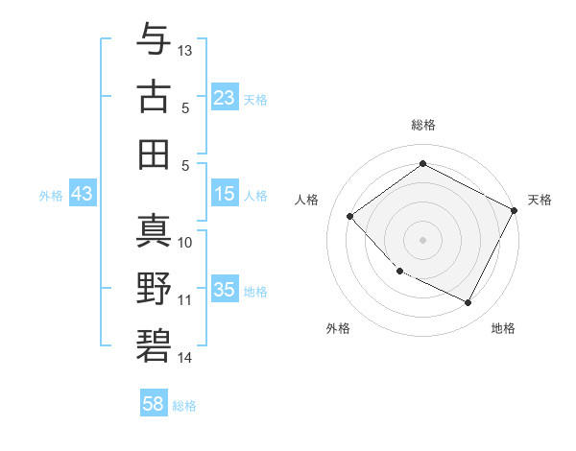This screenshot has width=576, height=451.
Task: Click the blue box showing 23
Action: (x=225, y=98)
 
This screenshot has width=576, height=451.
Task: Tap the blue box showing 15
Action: (x=225, y=194)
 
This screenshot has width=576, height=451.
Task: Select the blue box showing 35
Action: (x=225, y=290)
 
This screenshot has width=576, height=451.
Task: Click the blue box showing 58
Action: (x=154, y=405)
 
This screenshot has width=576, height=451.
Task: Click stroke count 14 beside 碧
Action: (x=185, y=358)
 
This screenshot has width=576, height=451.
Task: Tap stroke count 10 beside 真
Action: (x=186, y=242)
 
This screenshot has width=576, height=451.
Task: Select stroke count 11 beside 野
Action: (x=185, y=299)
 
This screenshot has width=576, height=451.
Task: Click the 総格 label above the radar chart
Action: (x=423, y=125)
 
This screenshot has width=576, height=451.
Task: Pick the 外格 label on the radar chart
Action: (x=338, y=328)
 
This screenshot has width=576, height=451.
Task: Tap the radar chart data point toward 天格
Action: (x=515, y=212)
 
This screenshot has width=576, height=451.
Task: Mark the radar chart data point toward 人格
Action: (x=350, y=217)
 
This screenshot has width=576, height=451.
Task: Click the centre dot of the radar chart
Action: (x=422, y=239)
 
